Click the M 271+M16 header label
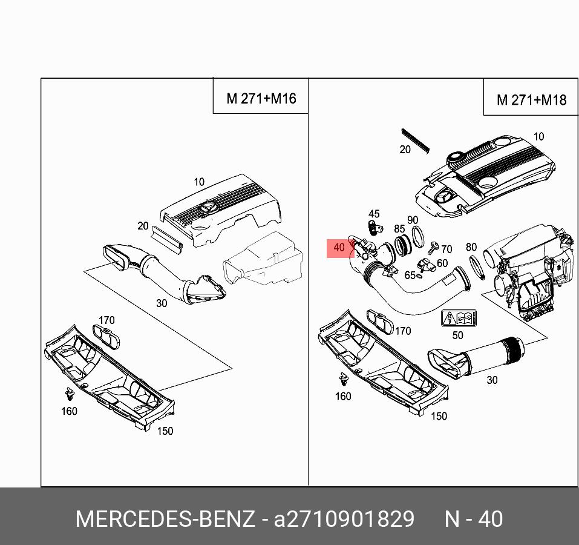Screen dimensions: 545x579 pos(261,98)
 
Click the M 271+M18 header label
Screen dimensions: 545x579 pos(531,100)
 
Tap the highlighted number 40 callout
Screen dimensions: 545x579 pos(339,248)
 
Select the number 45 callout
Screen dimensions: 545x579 pos(374,214)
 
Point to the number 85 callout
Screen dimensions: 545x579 pos(399,229)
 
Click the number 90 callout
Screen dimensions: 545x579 pos(412,220)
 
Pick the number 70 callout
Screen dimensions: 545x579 pos(447,249)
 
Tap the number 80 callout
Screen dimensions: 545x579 pos(471,247)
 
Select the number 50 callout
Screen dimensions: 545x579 pos(457,335)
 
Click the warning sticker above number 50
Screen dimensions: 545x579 pos(458,319)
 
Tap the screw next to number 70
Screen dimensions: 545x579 pos(433,246)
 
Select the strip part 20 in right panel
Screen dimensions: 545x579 pos(415,139)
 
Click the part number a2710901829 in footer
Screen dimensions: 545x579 pos(344,520)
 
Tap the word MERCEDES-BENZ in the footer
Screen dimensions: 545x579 pos(165,520)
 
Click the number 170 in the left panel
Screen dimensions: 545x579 pos(106,320)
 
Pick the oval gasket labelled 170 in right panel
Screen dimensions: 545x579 pos(379,320)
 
